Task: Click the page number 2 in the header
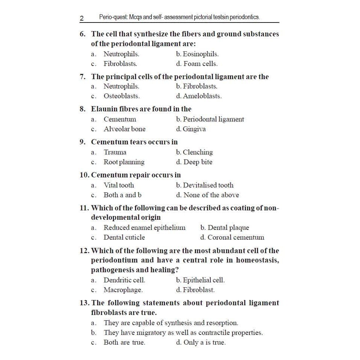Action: (x=82, y=18)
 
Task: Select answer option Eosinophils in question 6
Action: (x=200, y=54)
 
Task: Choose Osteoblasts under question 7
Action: (x=121, y=96)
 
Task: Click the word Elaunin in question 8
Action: (x=105, y=109)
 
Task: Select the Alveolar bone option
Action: (x=124, y=129)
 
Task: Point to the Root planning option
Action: (x=124, y=162)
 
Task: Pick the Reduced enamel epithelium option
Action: (x=144, y=228)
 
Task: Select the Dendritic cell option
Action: (x=124, y=280)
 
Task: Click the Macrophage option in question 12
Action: (x=123, y=290)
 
